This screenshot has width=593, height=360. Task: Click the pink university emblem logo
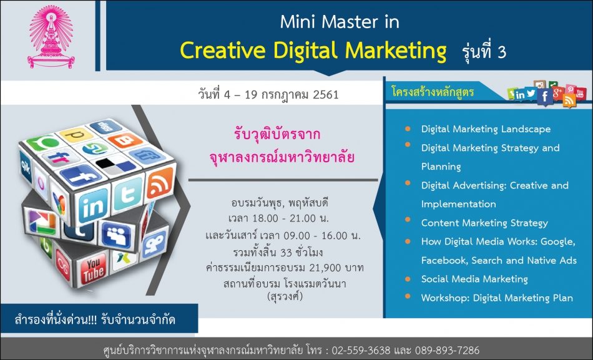pos(51,36)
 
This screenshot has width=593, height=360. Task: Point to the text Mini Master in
pos(339,22)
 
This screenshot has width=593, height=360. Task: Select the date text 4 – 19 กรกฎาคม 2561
pos(281,94)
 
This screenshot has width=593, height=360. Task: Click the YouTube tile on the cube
pos(93,270)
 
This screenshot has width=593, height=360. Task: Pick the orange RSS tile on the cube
pos(160,183)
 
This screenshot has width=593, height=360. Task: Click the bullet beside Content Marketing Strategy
pos(408,220)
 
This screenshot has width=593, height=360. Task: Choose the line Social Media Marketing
pos(474,279)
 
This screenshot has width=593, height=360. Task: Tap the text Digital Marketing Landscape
pos(486,129)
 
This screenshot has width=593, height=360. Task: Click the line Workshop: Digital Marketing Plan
pos(497,298)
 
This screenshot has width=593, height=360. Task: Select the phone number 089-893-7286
pos(448,350)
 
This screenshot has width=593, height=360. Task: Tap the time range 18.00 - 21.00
pos(278,218)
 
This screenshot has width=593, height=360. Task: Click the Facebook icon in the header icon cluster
pos(544,97)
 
